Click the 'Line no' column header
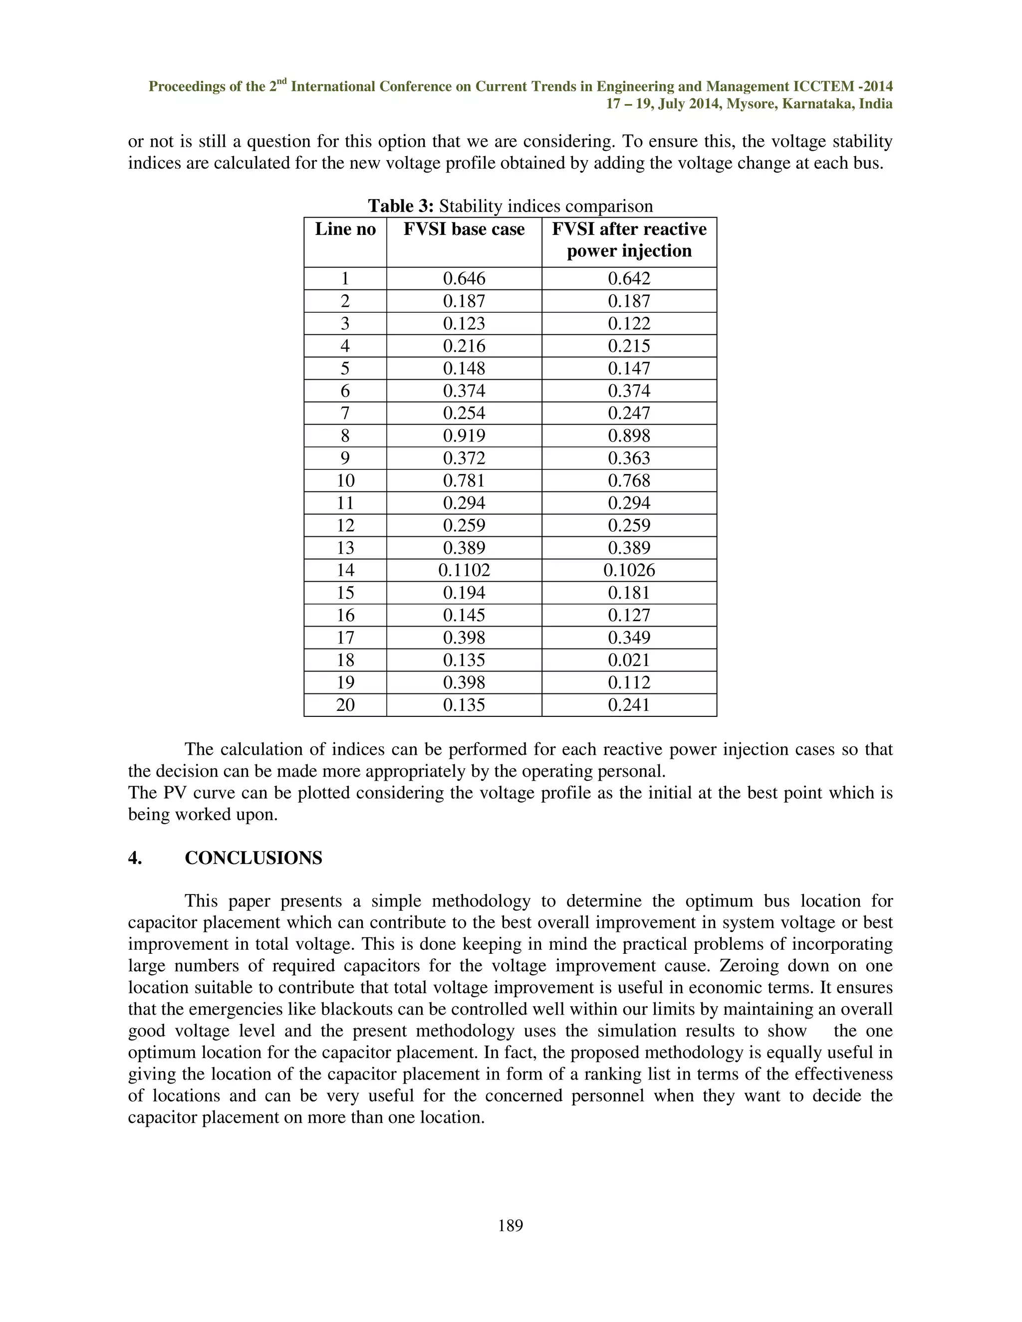345,229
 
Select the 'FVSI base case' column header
464,229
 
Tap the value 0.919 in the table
464,436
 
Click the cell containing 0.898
629,436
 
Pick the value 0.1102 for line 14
464,570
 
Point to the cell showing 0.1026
629,570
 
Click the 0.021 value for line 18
629,660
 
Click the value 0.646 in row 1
464,278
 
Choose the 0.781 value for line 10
464,480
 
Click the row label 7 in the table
345,414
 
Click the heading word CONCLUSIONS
253,859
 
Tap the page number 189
511,1226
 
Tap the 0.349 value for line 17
629,638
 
